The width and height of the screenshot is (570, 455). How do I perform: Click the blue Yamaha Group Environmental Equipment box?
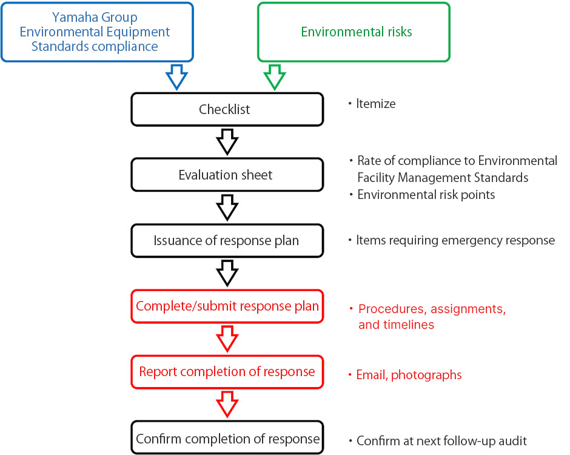click(97, 32)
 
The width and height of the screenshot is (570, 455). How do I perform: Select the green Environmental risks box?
click(354, 32)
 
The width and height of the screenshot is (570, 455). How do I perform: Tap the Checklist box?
click(227, 110)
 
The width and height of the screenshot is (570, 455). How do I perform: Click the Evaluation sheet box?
click(227, 175)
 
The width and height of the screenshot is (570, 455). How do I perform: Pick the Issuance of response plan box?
click(227, 240)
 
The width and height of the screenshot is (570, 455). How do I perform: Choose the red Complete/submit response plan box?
click(227, 306)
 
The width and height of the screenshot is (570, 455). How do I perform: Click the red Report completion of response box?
click(227, 371)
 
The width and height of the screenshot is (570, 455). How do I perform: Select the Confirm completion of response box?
click(227, 438)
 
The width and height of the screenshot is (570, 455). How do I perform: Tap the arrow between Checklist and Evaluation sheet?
click(227, 142)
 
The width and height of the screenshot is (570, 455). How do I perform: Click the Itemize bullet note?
click(375, 104)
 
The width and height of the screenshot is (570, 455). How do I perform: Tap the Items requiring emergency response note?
click(455, 240)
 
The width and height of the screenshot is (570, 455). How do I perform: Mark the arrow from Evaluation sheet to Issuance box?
click(227, 207)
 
